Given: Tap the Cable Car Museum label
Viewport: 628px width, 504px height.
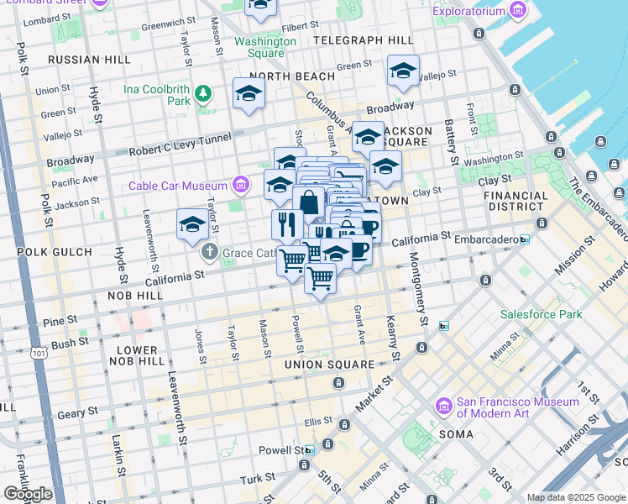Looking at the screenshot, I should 178,186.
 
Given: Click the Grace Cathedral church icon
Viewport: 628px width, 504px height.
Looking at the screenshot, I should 209,252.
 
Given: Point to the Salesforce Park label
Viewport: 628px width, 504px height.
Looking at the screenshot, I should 541,314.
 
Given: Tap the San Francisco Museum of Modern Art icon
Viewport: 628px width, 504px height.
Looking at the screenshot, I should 443,406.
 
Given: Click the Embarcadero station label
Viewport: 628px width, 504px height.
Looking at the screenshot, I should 486,239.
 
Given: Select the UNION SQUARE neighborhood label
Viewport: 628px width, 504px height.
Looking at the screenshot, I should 329,365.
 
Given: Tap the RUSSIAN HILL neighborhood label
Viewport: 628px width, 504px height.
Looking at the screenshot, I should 89,60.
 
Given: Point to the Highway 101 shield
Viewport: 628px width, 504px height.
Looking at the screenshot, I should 39,354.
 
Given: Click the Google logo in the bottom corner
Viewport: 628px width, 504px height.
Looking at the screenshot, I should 28,494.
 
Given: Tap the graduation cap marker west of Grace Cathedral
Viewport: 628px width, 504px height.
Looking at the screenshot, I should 192,223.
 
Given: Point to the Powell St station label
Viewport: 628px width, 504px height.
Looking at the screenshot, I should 280,450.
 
